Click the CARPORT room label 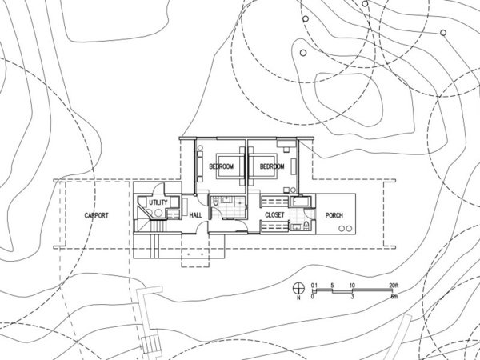[97, 215]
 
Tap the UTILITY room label [158, 202]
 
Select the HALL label [196, 215]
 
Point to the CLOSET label [274, 215]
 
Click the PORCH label [334, 215]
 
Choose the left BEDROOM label [222, 166]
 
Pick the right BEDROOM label [272, 166]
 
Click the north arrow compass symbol [298, 288]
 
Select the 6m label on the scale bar [394, 296]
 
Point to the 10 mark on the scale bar [352, 286]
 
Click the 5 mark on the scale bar [332, 286]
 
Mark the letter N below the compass [298, 298]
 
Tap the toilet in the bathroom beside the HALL [215, 202]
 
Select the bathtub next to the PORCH [301, 202]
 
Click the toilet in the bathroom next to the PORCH [306, 226]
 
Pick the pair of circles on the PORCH [346, 228]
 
